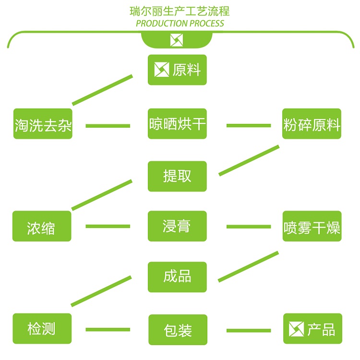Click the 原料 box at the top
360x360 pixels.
177,70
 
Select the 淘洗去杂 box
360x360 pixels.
43,125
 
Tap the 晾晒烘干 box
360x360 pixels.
177,124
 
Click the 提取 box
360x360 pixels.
177,176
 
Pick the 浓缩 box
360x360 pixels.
42,226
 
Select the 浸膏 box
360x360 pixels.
177,226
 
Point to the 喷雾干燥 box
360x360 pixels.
312,226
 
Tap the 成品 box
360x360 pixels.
177,276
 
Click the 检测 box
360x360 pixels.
42,328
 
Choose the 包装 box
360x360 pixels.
178,329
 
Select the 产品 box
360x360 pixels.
312,329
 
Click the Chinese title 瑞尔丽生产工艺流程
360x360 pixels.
180,11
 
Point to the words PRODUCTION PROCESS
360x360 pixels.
180,23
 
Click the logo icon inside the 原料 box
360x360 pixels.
161,70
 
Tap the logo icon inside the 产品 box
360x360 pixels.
297,329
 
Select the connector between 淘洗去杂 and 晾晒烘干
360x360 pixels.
108,126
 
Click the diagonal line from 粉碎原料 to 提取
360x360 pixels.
249,160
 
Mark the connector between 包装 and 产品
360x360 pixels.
249,330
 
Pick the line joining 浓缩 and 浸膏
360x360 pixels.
108,226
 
